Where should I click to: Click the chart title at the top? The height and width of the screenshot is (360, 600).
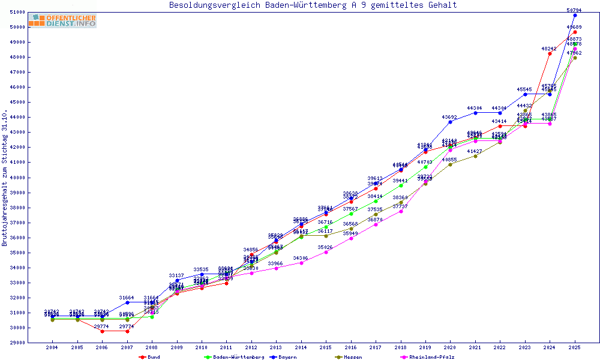tap(313, 5)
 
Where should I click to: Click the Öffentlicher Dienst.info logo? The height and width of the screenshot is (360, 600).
tap(62, 21)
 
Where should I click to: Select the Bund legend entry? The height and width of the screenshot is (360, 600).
tap(154, 357)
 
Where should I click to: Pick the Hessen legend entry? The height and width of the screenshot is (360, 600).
tap(353, 357)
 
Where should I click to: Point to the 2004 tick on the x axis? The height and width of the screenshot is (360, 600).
tap(52, 347)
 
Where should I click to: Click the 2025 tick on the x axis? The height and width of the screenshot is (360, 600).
tap(575, 347)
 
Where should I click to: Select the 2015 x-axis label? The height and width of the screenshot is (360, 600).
tap(326, 347)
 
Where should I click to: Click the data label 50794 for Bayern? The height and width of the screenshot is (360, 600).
tap(575, 10)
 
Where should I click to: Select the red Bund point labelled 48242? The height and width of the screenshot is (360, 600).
tap(550, 53)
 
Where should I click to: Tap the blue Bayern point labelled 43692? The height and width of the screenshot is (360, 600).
tap(450, 122)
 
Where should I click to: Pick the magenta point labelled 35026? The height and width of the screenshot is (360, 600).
tap(326, 252)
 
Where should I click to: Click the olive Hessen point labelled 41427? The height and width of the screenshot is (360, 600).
tap(475, 156)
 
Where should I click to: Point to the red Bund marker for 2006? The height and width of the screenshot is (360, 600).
tap(102, 331)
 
